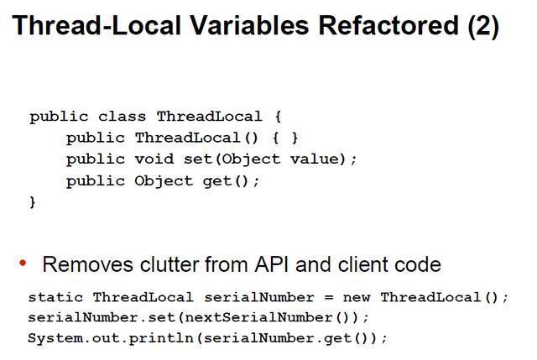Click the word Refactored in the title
[388, 26]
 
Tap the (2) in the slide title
[483, 26]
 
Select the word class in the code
[122, 117]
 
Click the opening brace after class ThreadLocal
[277, 117]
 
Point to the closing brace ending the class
[33, 201]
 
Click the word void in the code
[153, 159]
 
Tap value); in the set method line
[323, 159]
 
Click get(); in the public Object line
[231, 180]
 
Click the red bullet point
[23, 263]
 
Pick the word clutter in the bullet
[162, 265]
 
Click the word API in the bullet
[274, 265]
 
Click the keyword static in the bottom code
[56, 297]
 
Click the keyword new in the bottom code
[357, 297]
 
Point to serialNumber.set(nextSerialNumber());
[198, 318]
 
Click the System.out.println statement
[207, 338]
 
